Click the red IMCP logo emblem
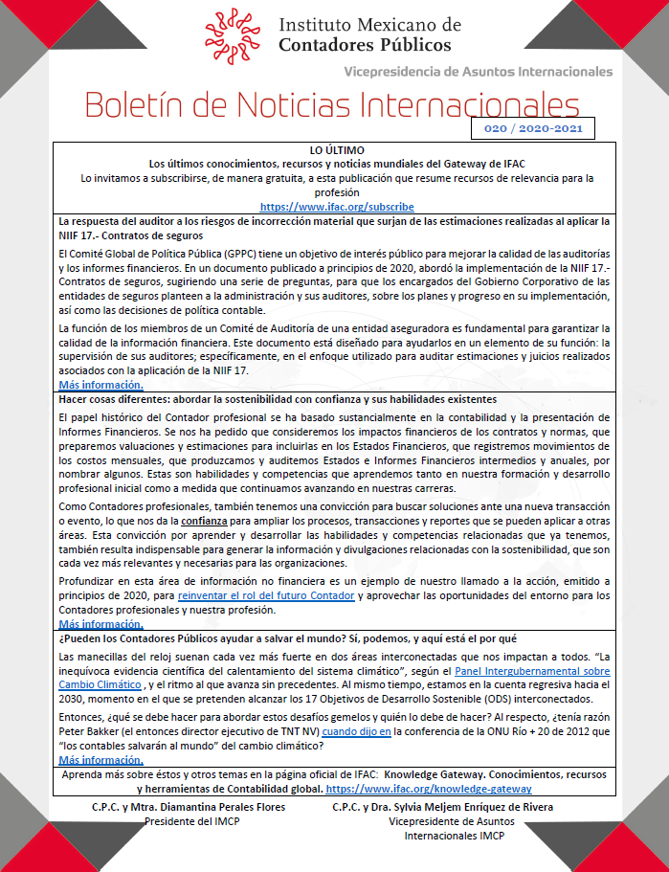pos(234,34)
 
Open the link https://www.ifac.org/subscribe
pos(336,206)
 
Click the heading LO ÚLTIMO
pos(336,151)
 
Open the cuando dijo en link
pos(357,731)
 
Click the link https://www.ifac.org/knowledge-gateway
pos(429,789)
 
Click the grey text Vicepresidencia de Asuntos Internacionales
pos(478,71)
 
